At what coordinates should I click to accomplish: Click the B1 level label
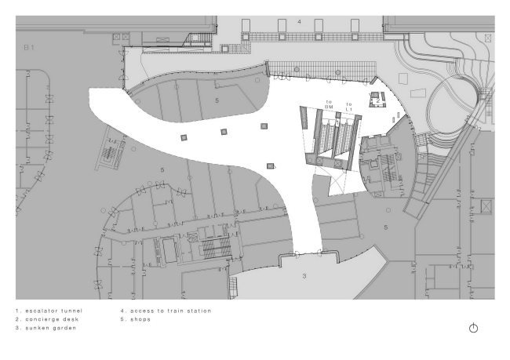click(29, 48)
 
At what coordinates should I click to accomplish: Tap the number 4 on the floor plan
click(299, 22)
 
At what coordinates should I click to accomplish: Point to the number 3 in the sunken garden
click(304, 276)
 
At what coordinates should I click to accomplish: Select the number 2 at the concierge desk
click(378, 101)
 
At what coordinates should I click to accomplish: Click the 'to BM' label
click(329, 104)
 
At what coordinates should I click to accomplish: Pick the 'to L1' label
click(349, 107)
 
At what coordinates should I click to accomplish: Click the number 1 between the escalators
click(337, 122)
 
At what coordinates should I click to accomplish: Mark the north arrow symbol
click(473, 328)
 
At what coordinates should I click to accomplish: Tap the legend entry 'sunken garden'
click(51, 328)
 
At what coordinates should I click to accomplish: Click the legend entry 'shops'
click(140, 319)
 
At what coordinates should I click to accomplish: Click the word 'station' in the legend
click(201, 311)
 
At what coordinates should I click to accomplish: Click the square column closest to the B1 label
click(184, 138)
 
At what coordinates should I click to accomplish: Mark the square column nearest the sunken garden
click(270, 166)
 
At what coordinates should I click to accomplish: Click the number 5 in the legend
click(122, 319)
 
